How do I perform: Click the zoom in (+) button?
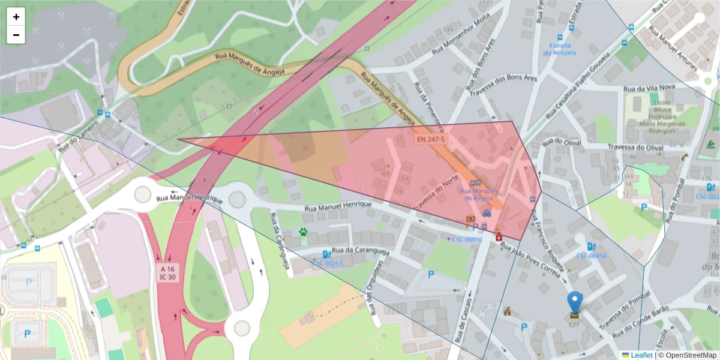pos(16,17)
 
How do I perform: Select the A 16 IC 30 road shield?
pos(168,273)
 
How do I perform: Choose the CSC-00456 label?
pos(591,256)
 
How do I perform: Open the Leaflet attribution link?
pos(641,355)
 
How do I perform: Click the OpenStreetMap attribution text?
pos(689,355)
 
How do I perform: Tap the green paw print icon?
pos(304,232)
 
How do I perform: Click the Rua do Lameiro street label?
pos(79,136)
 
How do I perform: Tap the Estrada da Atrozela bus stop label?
pos(560,49)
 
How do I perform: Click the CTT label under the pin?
pos(575,324)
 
